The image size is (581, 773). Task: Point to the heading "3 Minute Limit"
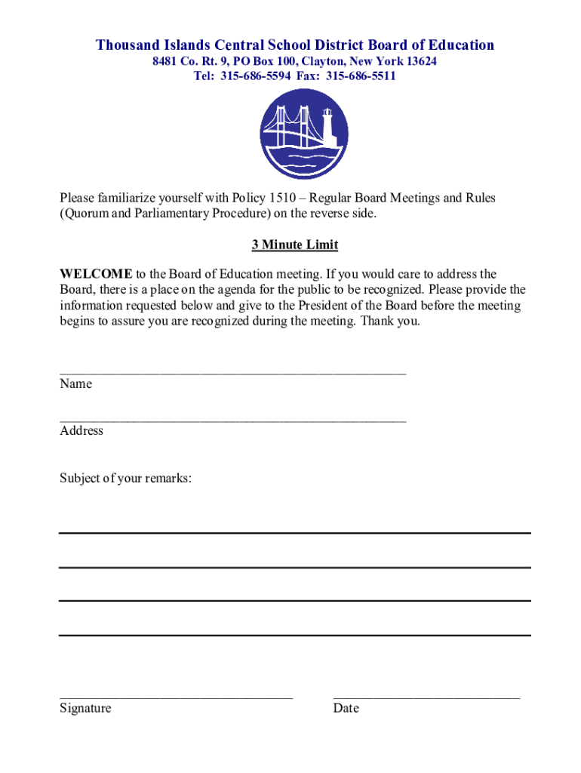(x=294, y=245)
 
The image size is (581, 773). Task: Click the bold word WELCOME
(x=96, y=274)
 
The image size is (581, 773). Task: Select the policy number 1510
(x=275, y=198)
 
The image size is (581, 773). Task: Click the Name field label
(x=75, y=383)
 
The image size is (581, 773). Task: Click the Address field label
(x=81, y=430)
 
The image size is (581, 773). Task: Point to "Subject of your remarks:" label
(x=125, y=478)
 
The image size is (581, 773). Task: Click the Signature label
(x=85, y=708)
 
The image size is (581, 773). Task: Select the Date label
(x=346, y=708)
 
